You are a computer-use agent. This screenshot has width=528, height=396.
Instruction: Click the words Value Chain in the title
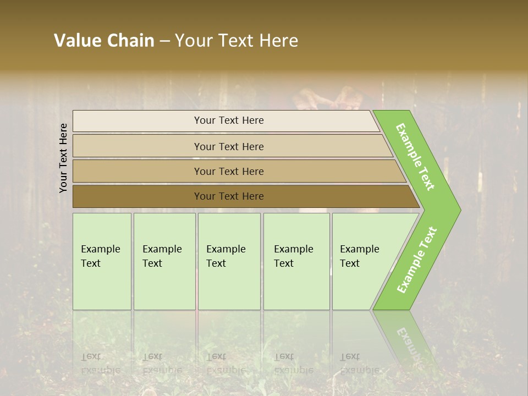(x=104, y=41)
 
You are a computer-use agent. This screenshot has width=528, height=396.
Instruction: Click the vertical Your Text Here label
(x=63, y=158)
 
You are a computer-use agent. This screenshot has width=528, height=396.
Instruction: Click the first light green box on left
(x=102, y=286)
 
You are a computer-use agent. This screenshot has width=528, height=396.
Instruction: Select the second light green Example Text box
(x=164, y=286)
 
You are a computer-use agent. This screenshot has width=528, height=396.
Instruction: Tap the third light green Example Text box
(x=229, y=286)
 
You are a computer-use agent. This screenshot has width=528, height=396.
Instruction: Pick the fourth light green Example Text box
(x=296, y=286)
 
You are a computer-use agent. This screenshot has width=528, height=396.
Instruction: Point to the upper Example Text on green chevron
(x=415, y=157)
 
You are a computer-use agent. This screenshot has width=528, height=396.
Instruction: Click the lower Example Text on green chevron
(x=417, y=260)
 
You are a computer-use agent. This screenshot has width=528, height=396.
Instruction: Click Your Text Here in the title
(x=237, y=41)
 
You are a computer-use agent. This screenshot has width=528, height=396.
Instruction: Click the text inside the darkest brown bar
(x=229, y=196)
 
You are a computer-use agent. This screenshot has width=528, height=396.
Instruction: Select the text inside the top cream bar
(x=229, y=120)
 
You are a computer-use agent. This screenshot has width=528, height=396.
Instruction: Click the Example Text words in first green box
(x=100, y=256)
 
